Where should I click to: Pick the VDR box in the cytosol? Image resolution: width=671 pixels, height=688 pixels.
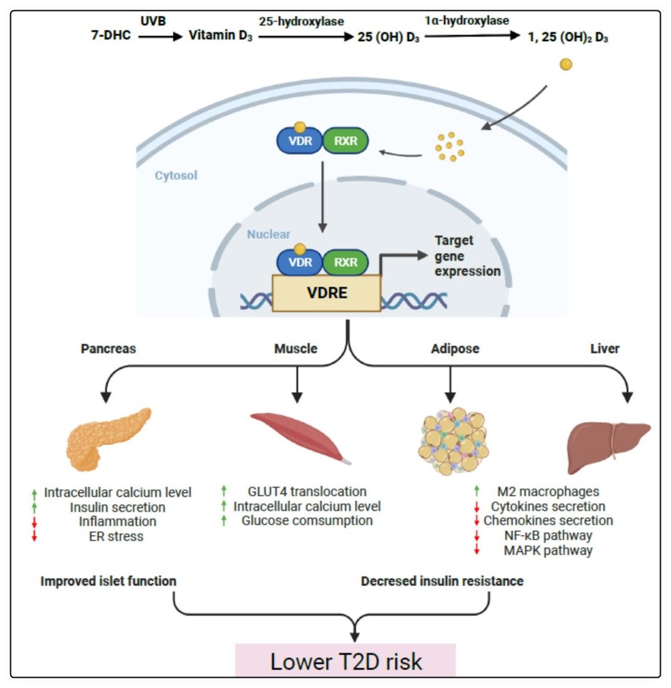point(298,141)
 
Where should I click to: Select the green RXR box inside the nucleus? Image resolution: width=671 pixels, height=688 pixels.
point(345,262)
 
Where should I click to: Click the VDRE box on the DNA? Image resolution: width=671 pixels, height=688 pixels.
point(327,293)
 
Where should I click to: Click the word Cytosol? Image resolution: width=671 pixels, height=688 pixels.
point(176,175)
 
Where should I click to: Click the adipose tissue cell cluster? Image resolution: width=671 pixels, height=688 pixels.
point(450,436)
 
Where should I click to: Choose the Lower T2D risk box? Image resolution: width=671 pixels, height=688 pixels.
point(346,661)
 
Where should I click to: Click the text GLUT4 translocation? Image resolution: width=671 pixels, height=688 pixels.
point(307,492)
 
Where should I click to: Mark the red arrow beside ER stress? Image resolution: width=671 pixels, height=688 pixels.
point(34,536)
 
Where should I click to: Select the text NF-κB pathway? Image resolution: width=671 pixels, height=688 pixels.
point(547,535)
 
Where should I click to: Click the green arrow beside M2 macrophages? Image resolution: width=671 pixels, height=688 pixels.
point(476,492)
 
